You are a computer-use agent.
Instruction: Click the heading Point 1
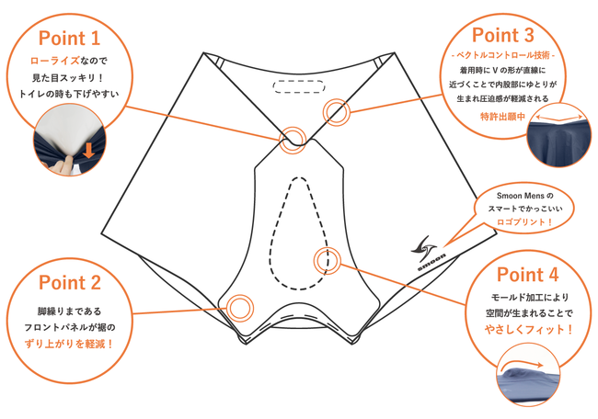[x=69, y=38]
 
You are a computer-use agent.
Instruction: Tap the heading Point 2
[x=70, y=283]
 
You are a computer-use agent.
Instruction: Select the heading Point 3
[x=503, y=35]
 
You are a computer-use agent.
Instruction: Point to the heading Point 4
[x=527, y=275]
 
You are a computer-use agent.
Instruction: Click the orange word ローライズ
[x=54, y=61]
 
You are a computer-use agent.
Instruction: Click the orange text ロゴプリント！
[x=524, y=222]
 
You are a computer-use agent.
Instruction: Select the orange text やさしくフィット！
[x=529, y=330]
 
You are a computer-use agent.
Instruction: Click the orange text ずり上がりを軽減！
[x=69, y=345]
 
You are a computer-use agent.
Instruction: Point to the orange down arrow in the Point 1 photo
[x=88, y=151]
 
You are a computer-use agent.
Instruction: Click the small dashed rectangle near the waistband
[x=299, y=86]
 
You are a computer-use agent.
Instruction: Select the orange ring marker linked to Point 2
[x=240, y=308]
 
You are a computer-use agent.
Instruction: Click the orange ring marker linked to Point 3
[x=337, y=112]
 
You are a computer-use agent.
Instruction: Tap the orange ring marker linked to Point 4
[x=328, y=261]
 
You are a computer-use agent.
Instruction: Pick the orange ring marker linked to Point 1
[x=293, y=140]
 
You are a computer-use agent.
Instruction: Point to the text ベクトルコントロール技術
[x=503, y=56]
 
